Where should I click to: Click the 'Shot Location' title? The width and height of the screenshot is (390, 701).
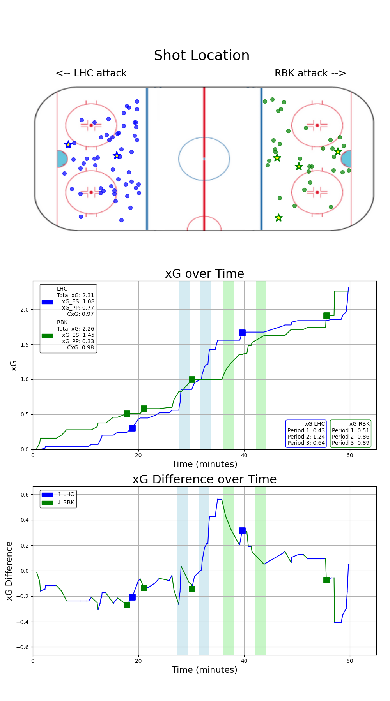click(202, 56)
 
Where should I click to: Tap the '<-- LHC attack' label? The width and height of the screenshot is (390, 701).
click(91, 73)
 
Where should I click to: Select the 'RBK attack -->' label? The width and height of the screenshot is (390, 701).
click(310, 73)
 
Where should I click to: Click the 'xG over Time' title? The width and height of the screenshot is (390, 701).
click(204, 274)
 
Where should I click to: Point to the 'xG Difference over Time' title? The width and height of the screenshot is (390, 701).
click(204, 479)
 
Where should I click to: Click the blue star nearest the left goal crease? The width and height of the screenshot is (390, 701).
click(68, 145)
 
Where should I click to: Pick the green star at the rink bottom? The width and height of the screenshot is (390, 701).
click(278, 218)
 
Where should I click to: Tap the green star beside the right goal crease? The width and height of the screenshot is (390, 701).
click(338, 151)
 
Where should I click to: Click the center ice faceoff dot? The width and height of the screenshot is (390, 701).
click(204, 159)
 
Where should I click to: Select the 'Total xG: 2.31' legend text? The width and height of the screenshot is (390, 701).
click(75, 295)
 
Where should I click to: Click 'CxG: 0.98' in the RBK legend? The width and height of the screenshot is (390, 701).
click(80, 347)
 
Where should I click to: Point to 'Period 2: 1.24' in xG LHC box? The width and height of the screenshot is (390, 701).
click(306, 437)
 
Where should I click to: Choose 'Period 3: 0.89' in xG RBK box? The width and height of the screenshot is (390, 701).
click(351, 443)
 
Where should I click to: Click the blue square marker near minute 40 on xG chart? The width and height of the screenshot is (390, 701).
click(242, 333)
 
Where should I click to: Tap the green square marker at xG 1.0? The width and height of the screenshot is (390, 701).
click(192, 379)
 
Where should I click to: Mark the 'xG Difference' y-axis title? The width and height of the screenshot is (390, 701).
click(9, 571)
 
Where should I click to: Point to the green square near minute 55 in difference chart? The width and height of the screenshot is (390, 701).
click(326, 580)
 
